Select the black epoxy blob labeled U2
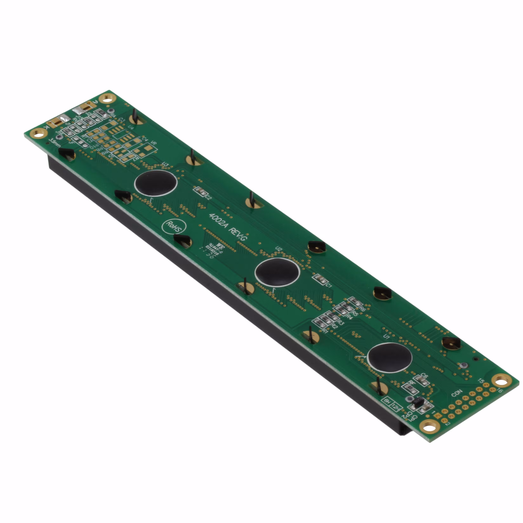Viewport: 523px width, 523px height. [277, 271]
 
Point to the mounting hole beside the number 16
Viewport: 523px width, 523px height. [501, 382]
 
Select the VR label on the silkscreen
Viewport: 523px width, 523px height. [153, 143]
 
